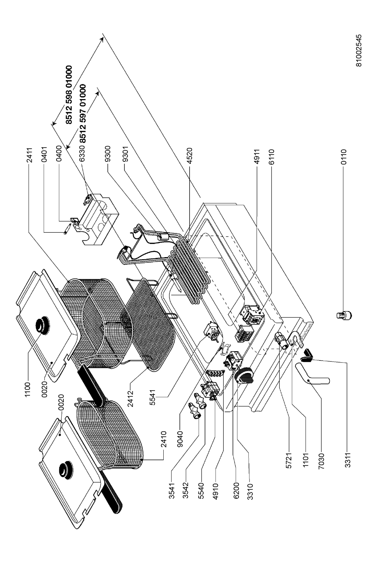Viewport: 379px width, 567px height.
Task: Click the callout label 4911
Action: click(x=256, y=157)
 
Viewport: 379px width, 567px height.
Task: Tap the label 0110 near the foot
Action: click(x=343, y=157)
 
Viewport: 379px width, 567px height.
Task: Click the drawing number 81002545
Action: click(x=359, y=50)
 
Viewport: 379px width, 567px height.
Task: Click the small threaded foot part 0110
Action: click(x=343, y=314)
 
